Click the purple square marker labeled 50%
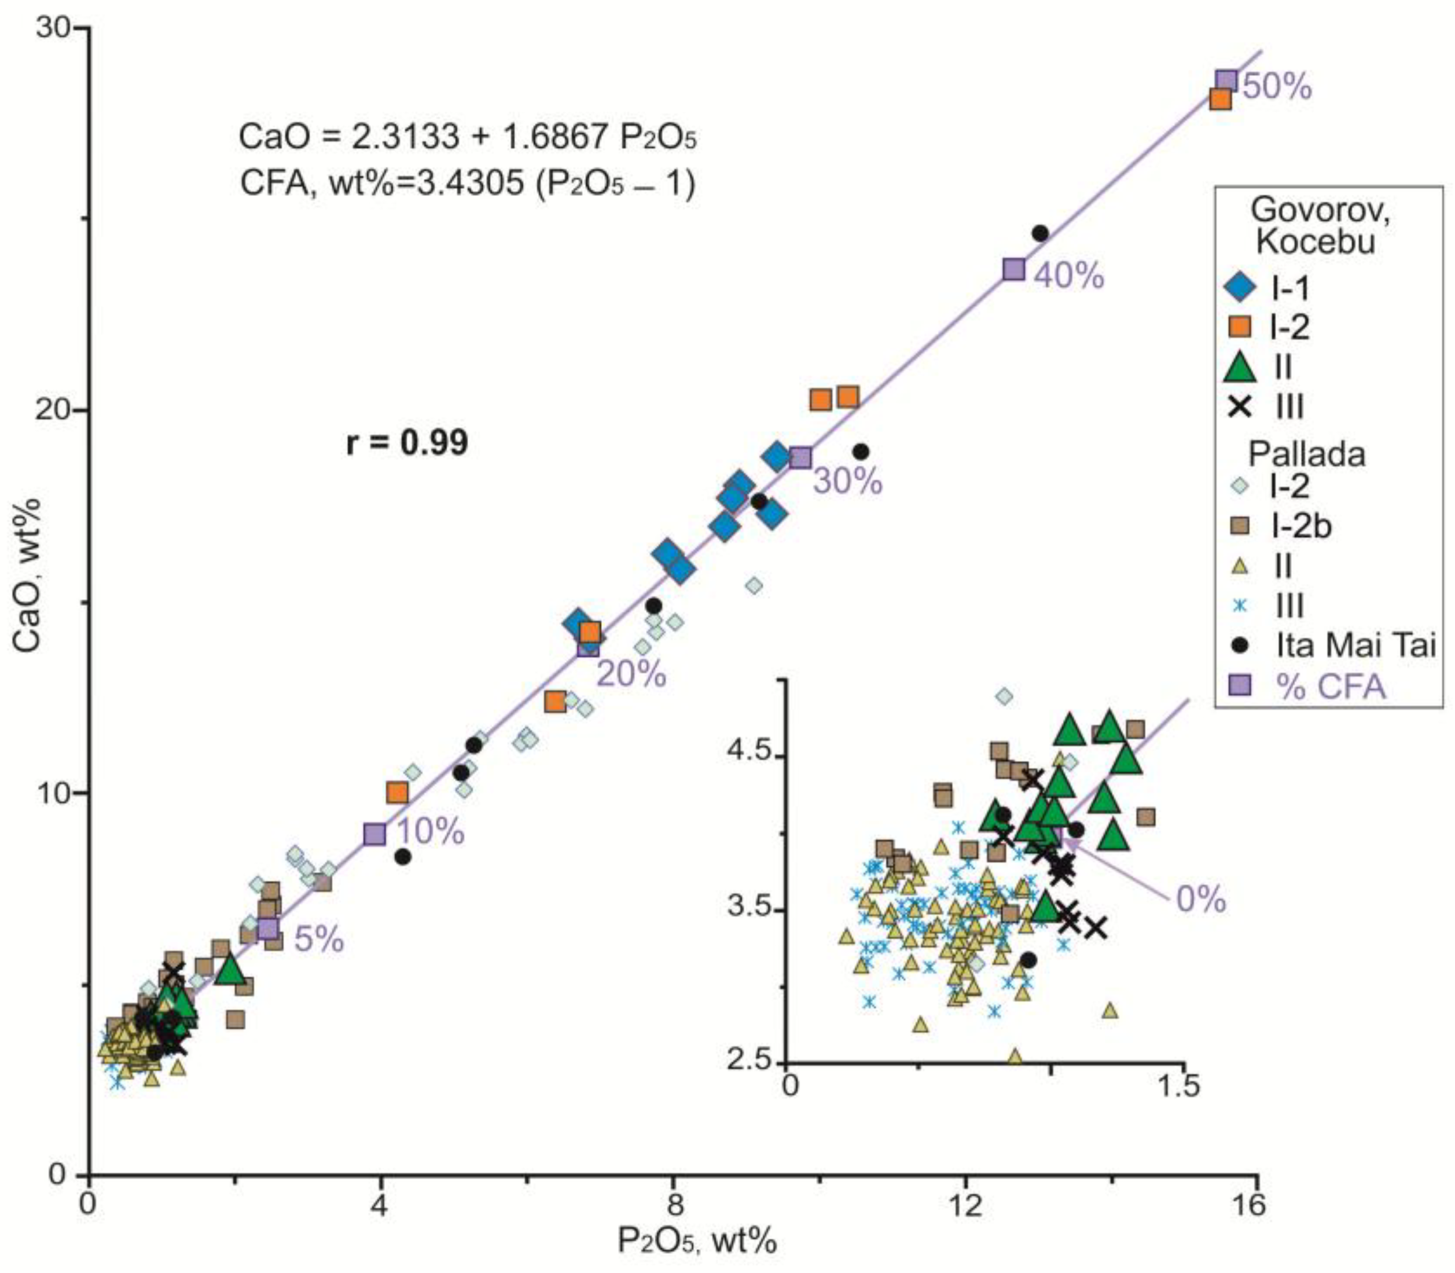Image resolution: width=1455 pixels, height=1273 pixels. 1226,82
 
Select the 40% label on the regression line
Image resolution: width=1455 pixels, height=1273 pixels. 1069,276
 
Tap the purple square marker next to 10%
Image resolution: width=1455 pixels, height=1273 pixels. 374,834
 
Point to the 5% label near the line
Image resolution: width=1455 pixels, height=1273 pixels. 319,941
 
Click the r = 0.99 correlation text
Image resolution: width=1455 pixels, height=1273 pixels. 407,443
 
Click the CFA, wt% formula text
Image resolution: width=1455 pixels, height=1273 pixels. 467,185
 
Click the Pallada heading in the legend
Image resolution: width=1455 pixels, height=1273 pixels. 1307,454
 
